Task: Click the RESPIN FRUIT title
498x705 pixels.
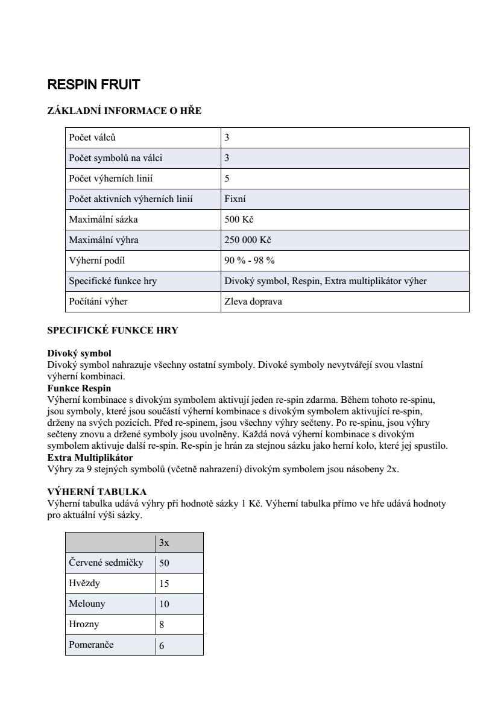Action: click(x=93, y=85)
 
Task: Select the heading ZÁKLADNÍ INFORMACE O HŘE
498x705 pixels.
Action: click(x=124, y=111)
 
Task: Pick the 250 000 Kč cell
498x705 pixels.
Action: click(x=247, y=240)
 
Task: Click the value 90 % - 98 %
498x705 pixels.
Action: click(x=249, y=261)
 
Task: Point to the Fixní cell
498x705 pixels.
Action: click(x=235, y=199)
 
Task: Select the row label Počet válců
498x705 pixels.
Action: click(x=92, y=138)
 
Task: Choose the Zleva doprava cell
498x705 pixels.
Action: click(x=253, y=302)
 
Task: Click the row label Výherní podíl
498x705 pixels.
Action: click(x=97, y=261)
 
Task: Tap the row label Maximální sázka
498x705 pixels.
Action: click(x=103, y=220)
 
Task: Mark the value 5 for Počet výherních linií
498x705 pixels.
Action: click(x=227, y=179)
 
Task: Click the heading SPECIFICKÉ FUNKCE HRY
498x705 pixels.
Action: click(x=113, y=330)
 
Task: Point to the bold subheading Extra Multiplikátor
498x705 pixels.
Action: click(x=90, y=458)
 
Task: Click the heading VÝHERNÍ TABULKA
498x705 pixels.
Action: click(x=96, y=492)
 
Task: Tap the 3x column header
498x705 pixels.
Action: click(x=164, y=543)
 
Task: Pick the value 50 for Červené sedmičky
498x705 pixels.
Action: click(x=164, y=563)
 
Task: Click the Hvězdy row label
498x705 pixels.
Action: click(x=84, y=583)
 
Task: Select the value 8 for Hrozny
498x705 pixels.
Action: click(x=162, y=625)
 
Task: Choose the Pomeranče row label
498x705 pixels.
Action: click(x=91, y=645)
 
